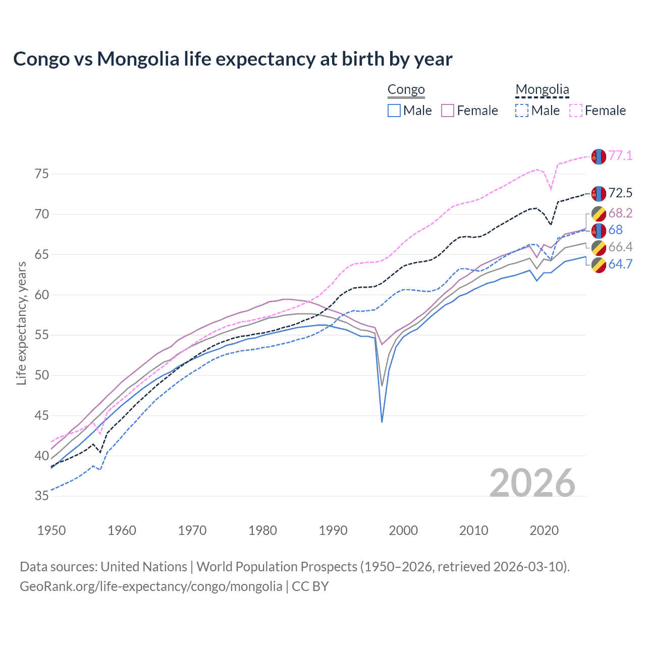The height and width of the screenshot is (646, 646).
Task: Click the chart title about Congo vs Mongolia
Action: [x=233, y=59]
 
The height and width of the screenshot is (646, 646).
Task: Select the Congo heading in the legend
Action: [x=406, y=90]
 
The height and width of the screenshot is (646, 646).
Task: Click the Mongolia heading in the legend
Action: [x=542, y=90]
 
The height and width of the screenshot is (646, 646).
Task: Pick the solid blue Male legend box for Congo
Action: [x=394, y=111]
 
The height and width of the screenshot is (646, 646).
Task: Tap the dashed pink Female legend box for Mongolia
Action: [x=576, y=111]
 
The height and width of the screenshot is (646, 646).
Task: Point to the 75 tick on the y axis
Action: [x=42, y=174]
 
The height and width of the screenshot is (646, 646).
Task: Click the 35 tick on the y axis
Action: [x=42, y=496]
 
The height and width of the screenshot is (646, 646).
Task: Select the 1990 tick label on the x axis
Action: [x=333, y=530]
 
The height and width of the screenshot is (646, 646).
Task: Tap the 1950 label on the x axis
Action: [x=52, y=530]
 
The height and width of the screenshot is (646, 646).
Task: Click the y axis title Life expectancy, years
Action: [x=21, y=323]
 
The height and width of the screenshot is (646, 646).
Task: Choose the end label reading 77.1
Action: [x=620, y=155]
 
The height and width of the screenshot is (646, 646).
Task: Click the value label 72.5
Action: [x=620, y=193]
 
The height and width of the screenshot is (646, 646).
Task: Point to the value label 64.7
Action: [x=620, y=264]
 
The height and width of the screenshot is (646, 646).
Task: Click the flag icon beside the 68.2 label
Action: [x=599, y=213]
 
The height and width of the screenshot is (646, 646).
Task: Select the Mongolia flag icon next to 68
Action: [x=599, y=231]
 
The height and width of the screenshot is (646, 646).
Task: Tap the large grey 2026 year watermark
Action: [x=532, y=483]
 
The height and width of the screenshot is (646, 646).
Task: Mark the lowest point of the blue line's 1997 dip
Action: [x=382, y=421]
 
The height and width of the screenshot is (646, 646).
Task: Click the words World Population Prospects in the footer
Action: [x=277, y=567]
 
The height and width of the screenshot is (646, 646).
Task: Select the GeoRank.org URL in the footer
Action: [x=151, y=586]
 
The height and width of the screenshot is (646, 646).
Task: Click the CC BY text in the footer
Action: [x=310, y=586]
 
